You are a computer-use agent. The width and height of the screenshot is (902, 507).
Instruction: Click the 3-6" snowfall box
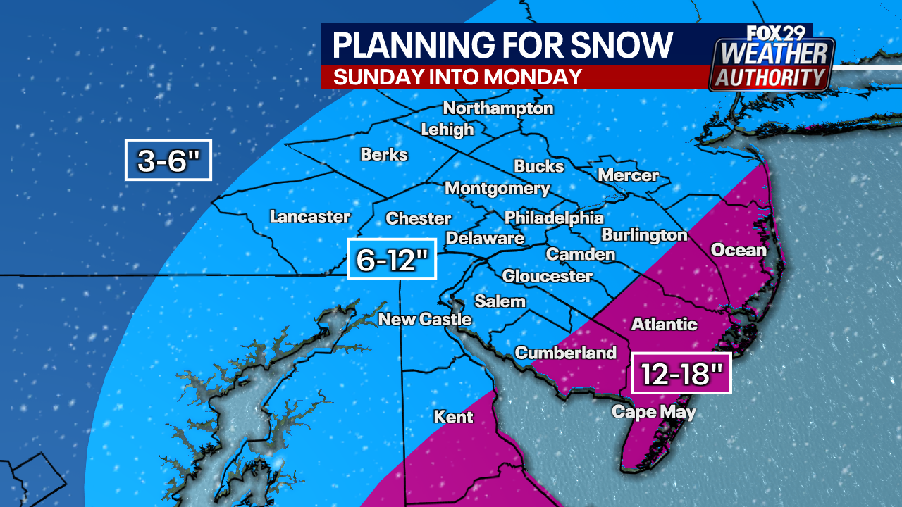pos(168,160)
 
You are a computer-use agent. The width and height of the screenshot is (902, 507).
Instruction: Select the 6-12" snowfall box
pos(393,259)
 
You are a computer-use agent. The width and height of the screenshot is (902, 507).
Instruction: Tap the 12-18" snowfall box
pos(681,373)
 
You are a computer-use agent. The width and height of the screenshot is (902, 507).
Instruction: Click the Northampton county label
pos(498,108)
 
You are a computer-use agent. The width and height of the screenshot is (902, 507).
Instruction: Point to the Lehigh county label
pos(447,130)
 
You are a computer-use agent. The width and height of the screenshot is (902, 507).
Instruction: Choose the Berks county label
pos(384,154)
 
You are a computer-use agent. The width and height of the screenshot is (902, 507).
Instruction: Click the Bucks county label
pos(539,166)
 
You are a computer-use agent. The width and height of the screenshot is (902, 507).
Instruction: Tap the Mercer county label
pos(628,175)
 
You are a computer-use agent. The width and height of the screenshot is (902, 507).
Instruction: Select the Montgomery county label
pos(498,189)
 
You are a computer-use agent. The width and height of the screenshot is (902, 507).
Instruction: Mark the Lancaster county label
pos(310,217)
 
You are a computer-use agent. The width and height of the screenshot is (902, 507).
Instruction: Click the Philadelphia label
pos(554,218)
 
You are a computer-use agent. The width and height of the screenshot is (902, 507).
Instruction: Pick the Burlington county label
pos(644,235)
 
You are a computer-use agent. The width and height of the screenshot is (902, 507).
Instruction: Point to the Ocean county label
pos(738,250)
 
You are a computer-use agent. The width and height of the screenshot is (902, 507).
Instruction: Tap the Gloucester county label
pos(547,276)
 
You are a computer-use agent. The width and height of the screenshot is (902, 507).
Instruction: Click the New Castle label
pos(425,319)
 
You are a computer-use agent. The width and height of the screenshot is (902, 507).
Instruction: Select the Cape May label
pos(653,412)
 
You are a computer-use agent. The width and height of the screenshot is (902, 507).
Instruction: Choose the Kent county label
pos(454,417)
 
